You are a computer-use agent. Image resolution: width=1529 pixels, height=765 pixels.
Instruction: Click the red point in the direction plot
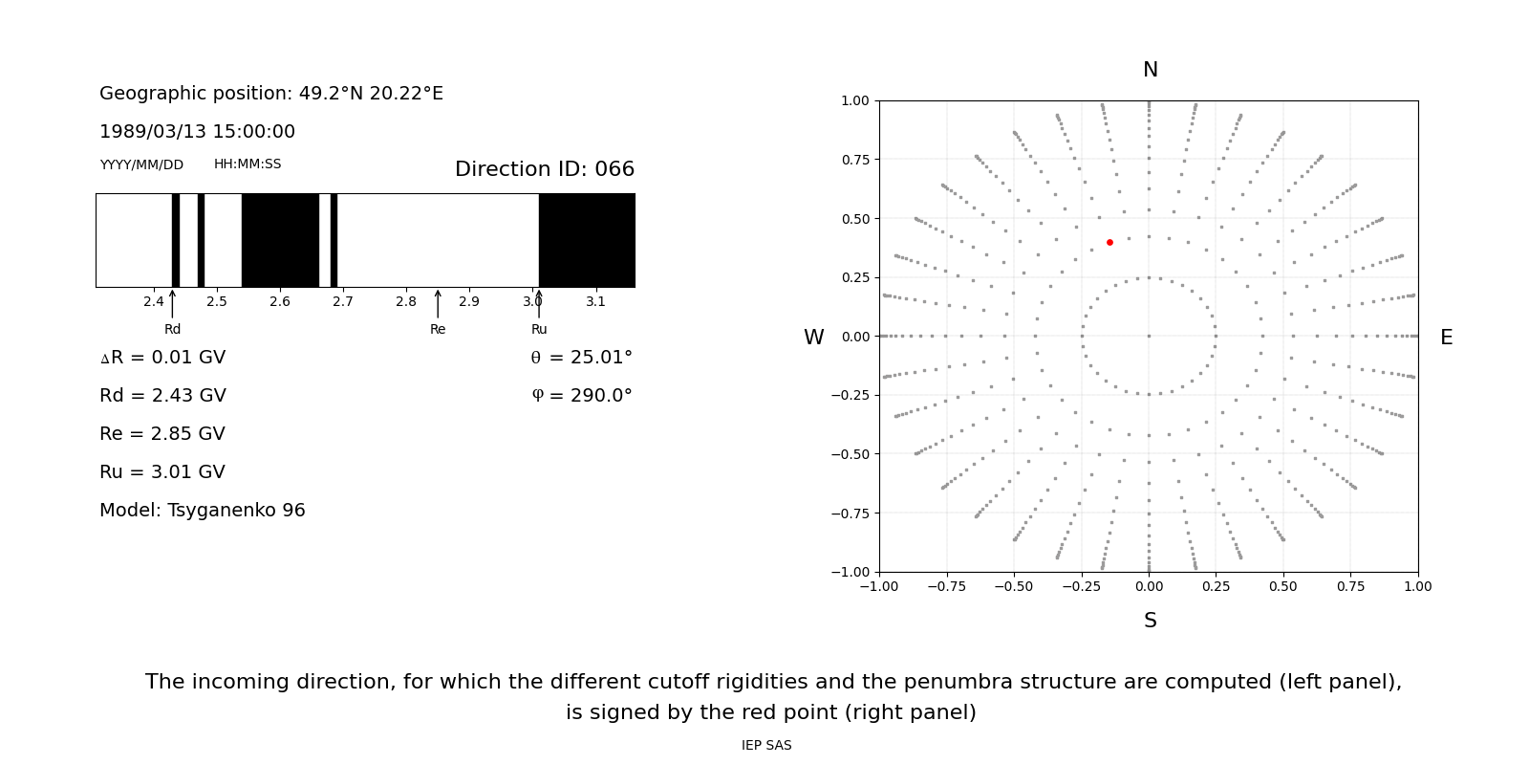(1109, 242)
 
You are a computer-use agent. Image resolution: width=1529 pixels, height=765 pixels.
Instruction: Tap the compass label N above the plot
(1151, 70)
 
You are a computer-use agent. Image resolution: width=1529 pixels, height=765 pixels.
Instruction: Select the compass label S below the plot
(1151, 621)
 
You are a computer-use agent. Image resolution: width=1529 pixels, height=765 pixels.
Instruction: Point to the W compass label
(813, 338)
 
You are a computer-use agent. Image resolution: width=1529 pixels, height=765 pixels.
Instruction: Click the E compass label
(1446, 338)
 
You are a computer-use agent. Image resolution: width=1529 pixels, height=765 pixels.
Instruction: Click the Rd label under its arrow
(172, 329)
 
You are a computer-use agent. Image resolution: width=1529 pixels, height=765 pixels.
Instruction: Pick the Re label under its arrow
(438, 329)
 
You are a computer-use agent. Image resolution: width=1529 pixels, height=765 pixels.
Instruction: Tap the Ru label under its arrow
(539, 329)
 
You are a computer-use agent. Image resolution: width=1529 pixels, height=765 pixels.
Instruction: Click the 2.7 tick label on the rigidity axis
(343, 301)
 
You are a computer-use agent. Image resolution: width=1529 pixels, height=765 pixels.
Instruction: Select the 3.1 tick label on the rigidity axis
(595, 301)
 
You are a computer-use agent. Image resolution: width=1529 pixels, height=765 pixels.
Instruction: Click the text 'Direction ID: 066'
(545, 169)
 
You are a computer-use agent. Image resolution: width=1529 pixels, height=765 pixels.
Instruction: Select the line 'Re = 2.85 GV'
(162, 434)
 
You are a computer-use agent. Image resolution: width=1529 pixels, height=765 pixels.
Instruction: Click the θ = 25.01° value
(581, 358)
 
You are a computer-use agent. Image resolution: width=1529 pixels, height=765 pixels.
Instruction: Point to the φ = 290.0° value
(581, 396)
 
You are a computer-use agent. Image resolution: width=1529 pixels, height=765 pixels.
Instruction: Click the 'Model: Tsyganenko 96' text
(203, 511)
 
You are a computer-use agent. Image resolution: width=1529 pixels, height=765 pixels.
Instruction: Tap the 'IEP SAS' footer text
(766, 745)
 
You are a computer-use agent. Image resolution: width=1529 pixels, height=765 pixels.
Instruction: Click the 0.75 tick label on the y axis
(854, 160)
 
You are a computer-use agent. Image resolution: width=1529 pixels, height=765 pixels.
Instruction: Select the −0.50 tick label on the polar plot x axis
(1014, 586)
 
